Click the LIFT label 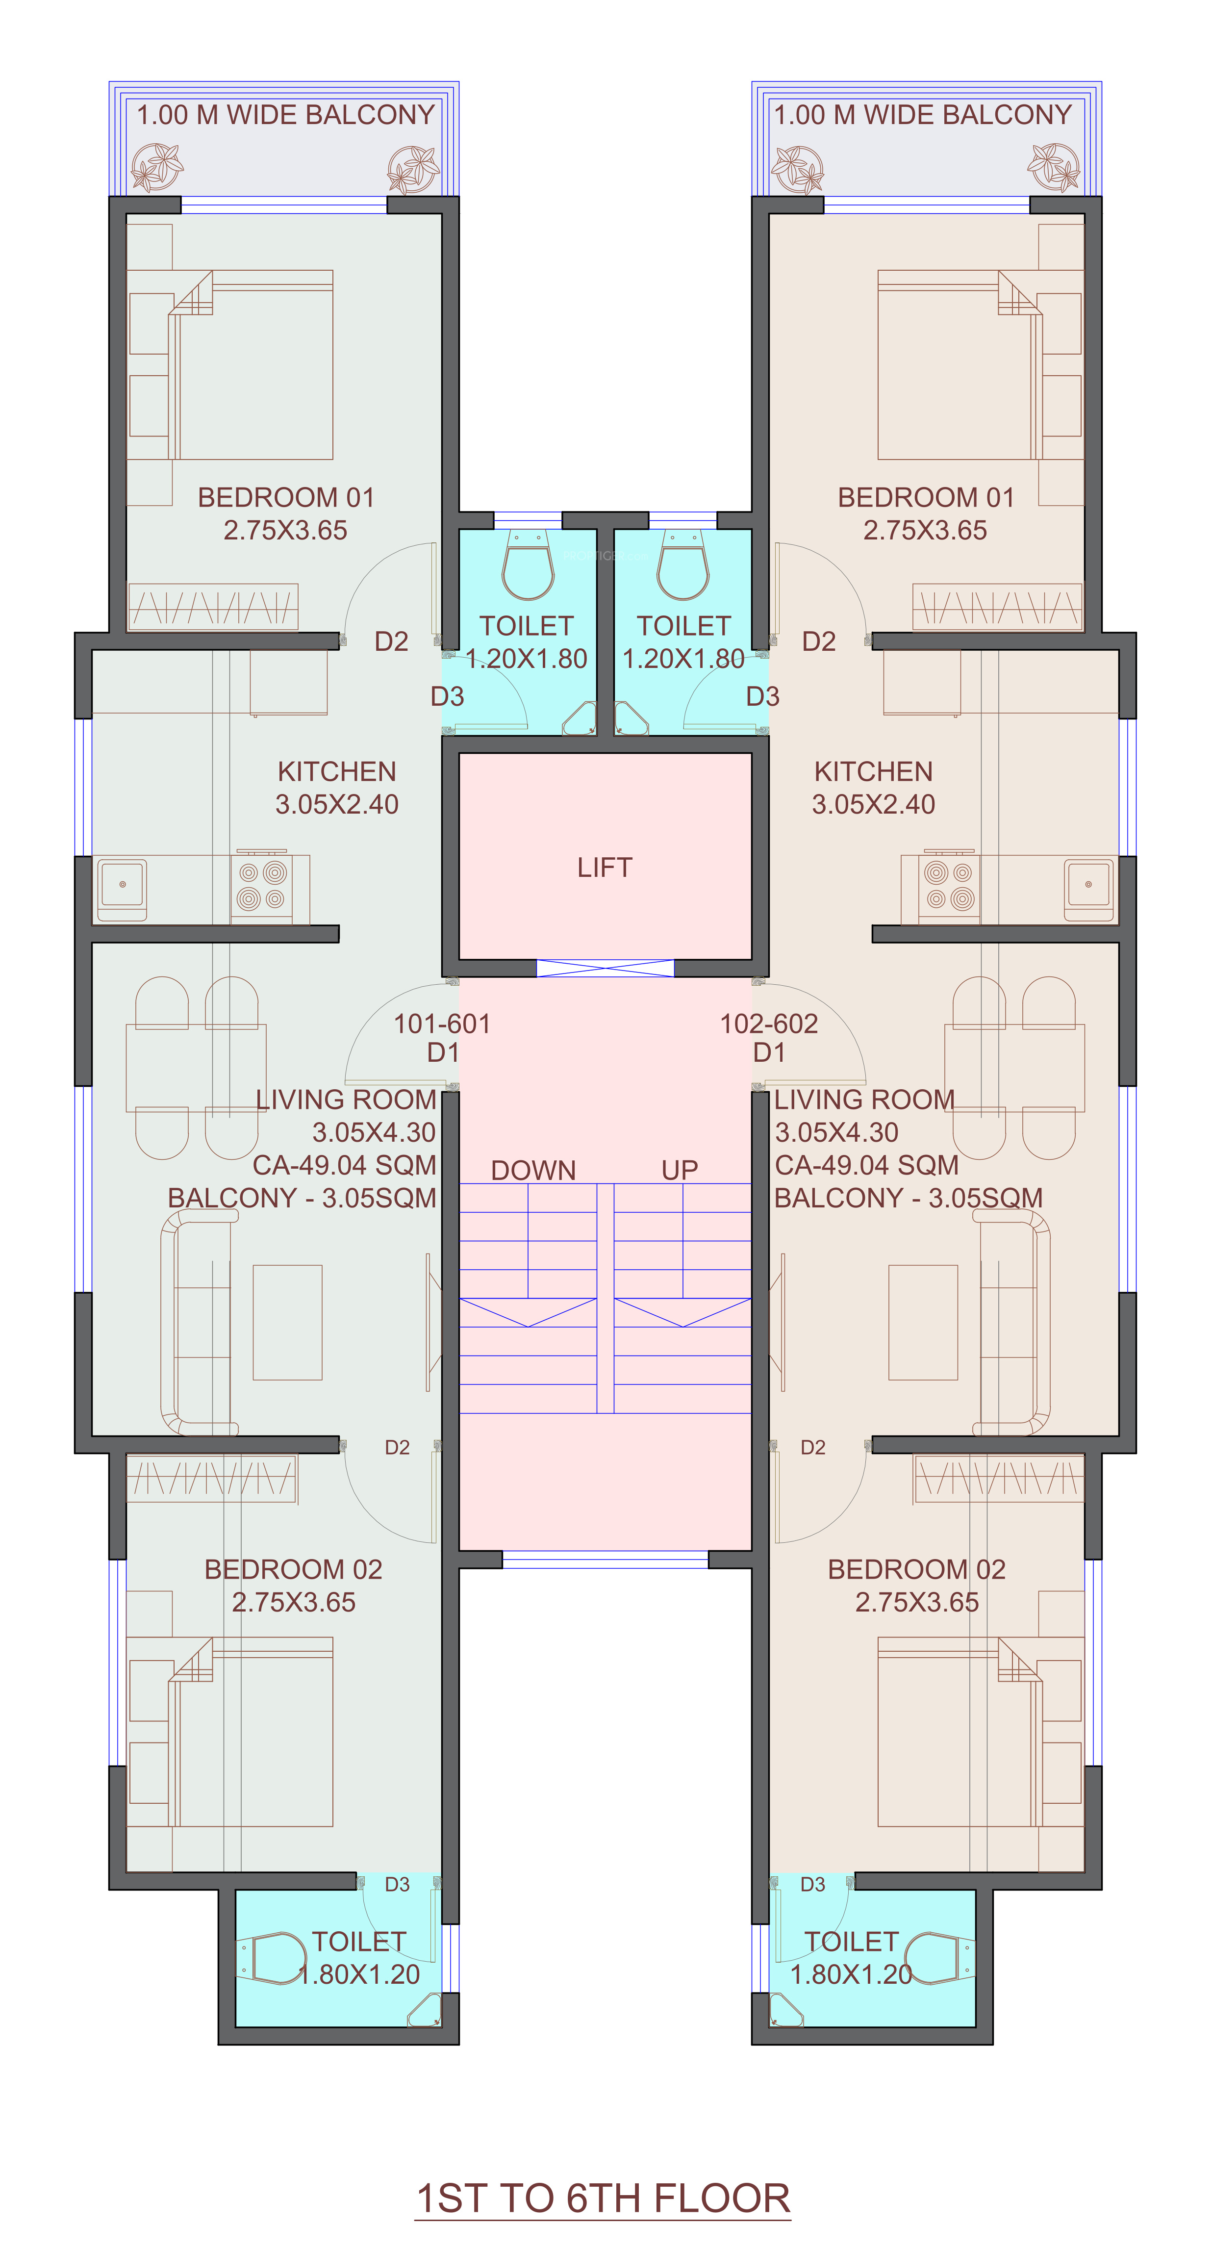604,867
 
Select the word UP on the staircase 680,1170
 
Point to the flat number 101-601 442,1023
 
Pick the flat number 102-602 769,1023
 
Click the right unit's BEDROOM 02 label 917,1569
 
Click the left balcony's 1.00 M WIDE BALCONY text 286,115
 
